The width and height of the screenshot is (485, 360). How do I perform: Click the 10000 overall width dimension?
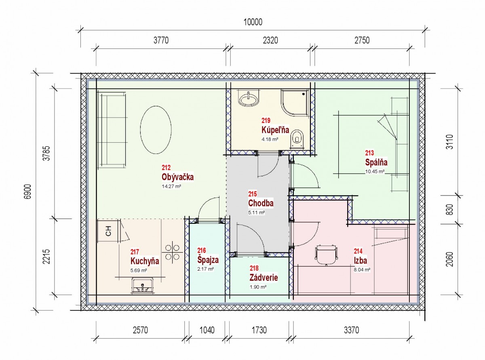pos(253,22)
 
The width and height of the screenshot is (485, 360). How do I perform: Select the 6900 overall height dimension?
pos(28,192)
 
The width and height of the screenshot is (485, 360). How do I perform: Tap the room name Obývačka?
pos(177,177)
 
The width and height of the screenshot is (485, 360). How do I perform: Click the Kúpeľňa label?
pos(275,130)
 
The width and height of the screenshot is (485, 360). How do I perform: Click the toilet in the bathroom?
pos(297,139)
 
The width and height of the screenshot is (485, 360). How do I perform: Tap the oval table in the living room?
pos(156,130)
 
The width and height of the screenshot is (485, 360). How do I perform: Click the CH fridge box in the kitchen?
pos(109,231)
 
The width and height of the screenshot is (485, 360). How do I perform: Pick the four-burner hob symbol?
pos(172,252)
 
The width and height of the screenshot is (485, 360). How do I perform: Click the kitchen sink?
pos(142,285)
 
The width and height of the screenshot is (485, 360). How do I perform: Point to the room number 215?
pos(252,194)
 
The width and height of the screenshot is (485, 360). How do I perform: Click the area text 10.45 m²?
pos(375,172)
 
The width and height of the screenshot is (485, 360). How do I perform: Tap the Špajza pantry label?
pos(208,260)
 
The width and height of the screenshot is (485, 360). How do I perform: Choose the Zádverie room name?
pos(264,278)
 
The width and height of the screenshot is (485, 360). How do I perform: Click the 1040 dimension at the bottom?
pos(207,330)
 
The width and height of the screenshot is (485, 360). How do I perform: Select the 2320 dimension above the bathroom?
pos(270,40)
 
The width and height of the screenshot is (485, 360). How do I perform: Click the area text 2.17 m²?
pos(205,269)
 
